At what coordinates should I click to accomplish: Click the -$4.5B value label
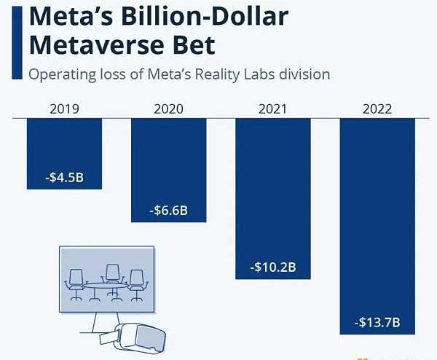pos(64,177)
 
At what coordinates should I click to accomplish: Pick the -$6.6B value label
pos(168,211)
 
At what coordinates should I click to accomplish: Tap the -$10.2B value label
pos(273,267)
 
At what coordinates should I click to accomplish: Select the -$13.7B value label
pos(377,322)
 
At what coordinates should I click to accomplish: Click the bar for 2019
pos(64,146)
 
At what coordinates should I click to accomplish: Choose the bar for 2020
pos(168,160)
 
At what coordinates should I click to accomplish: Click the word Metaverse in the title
pos(95,45)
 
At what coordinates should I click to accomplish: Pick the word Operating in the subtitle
pos(59,74)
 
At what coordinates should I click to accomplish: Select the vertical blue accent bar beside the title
pos(14,40)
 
